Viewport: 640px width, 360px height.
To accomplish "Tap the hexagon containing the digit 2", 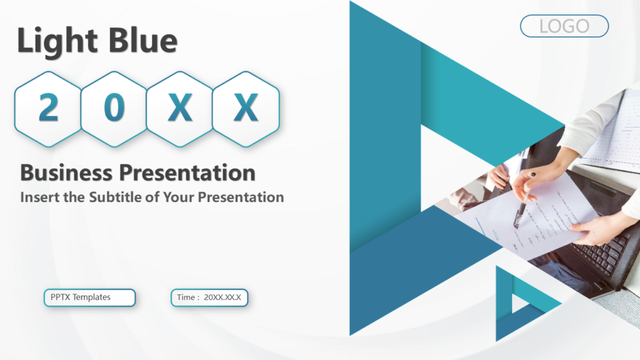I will [x=48, y=109].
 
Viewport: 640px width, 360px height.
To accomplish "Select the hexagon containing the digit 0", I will [x=114, y=109].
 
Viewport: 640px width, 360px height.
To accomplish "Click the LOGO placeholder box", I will [x=564, y=26].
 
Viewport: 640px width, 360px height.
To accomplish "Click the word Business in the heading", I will [x=66, y=172].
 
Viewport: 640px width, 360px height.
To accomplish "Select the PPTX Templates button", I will [x=89, y=297].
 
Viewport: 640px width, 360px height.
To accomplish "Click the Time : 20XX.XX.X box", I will [x=209, y=297].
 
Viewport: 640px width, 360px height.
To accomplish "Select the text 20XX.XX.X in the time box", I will [x=222, y=297].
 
